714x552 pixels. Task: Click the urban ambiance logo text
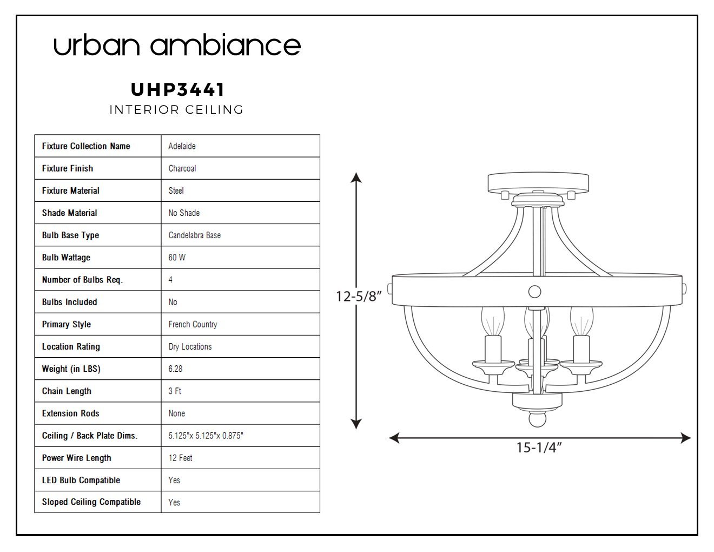177,44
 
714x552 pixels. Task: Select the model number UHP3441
178,89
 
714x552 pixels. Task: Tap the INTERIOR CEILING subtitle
176,110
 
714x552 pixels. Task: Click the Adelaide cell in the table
182,146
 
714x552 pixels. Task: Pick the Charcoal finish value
182,168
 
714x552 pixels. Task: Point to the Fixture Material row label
71,190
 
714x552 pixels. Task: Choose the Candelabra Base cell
195,235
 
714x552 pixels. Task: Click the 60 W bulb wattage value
177,258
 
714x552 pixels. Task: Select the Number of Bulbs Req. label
82,280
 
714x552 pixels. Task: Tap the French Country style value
193,325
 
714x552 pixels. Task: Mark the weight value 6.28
175,369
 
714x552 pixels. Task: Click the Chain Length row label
67,391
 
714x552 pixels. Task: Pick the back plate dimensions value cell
206,436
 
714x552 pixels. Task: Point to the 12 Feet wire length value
180,458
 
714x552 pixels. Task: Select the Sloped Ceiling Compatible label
91,502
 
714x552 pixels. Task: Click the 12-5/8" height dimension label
359,297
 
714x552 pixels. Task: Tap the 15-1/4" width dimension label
539,448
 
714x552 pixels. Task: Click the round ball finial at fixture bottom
538,419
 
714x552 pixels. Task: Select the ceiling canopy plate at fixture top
538,183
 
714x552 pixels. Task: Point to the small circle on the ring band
534,292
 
